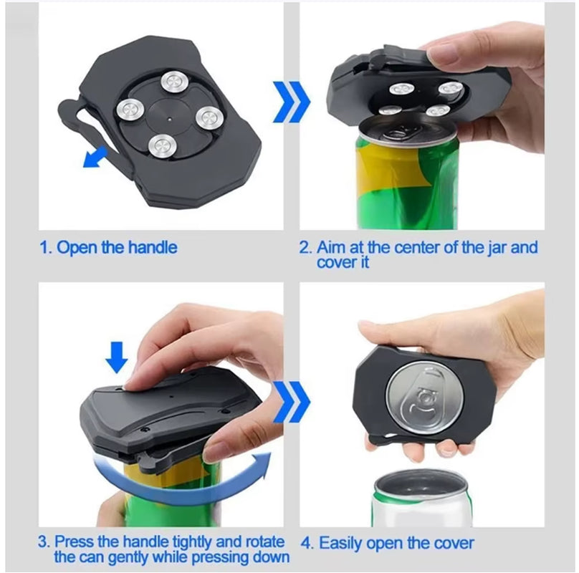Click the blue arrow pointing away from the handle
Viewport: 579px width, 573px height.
95,157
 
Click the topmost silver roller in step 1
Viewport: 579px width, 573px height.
172,82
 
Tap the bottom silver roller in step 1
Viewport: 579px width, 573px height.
163,146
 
